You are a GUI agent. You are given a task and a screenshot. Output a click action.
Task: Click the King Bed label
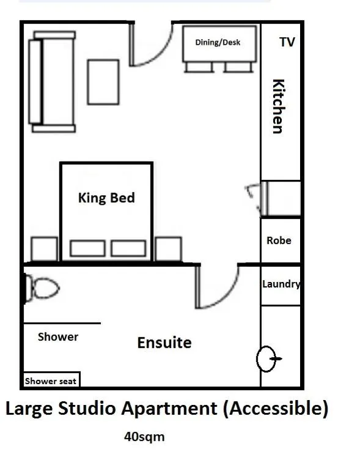click(x=106, y=198)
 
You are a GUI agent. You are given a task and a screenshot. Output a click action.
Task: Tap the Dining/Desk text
click(x=218, y=42)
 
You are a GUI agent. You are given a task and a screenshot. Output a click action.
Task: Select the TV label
click(x=287, y=42)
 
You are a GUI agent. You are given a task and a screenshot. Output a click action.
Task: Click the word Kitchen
click(x=277, y=106)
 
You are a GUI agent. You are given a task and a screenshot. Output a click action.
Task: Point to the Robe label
click(x=279, y=240)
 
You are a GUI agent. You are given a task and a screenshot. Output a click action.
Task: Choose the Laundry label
click(x=281, y=284)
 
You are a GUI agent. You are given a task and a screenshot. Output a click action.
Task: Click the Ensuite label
click(x=164, y=342)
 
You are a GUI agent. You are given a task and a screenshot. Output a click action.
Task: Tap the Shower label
click(x=58, y=336)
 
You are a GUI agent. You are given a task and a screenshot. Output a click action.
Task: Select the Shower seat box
click(x=51, y=380)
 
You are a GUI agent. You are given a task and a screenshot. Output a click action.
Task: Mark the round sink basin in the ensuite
click(x=266, y=358)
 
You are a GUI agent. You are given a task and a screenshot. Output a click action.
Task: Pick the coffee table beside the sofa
click(x=103, y=82)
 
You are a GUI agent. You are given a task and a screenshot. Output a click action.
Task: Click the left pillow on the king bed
click(x=87, y=248)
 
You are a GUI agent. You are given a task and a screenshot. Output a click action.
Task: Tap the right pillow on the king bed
click(x=128, y=248)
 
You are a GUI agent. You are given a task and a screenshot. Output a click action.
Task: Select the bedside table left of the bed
click(x=44, y=249)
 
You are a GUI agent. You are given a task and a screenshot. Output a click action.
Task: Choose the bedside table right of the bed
click(x=168, y=249)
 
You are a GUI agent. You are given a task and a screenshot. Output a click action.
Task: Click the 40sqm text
click(x=144, y=437)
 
